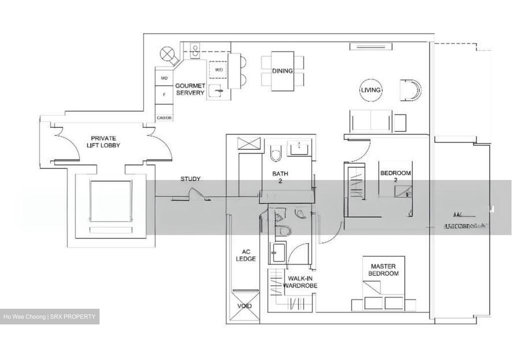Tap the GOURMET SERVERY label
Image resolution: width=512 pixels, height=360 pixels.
click(x=190, y=89)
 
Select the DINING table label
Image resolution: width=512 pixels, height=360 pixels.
click(x=283, y=71)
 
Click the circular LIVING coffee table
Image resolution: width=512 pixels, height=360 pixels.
click(x=370, y=90)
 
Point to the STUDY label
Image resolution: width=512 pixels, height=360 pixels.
click(x=190, y=179)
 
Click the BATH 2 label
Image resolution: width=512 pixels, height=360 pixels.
click(x=280, y=177)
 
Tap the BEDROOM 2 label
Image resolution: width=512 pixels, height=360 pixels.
click(x=395, y=176)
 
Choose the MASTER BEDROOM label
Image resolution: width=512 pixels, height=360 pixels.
click(x=383, y=270)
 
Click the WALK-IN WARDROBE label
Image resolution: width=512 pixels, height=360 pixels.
click(x=300, y=282)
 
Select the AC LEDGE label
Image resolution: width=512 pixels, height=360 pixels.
click(x=246, y=255)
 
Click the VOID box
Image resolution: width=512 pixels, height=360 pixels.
click(x=245, y=306)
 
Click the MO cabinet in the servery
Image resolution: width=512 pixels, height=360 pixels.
click(x=164, y=78)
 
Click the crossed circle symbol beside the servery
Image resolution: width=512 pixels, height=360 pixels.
click(x=166, y=54)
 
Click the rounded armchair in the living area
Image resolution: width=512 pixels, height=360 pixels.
click(x=411, y=90)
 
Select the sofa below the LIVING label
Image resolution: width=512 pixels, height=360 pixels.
click(x=370, y=120)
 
